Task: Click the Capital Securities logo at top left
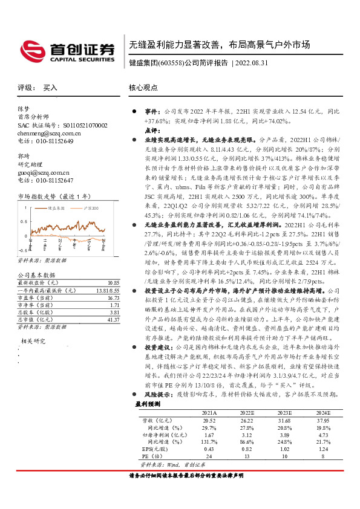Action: pyautogui.click(x=66, y=51)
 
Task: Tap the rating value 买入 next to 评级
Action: pyautogui.click(x=50, y=88)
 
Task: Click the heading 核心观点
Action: pyautogui.click(x=143, y=88)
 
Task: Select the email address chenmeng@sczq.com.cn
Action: pyautogui.click(x=49, y=133)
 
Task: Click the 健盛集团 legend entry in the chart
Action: pyautogui.click(x=56, y=207)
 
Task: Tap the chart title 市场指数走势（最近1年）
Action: pyautogui.click(x=55, y=196)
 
